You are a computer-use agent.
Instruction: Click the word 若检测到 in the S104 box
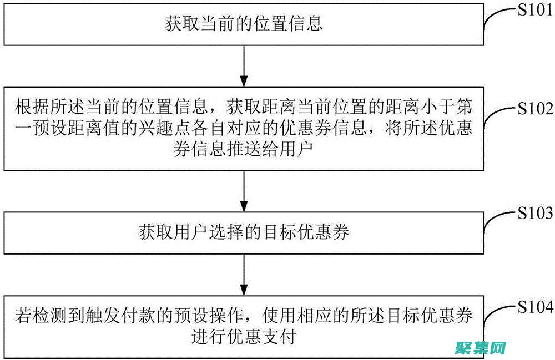click(x=51, y=317)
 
